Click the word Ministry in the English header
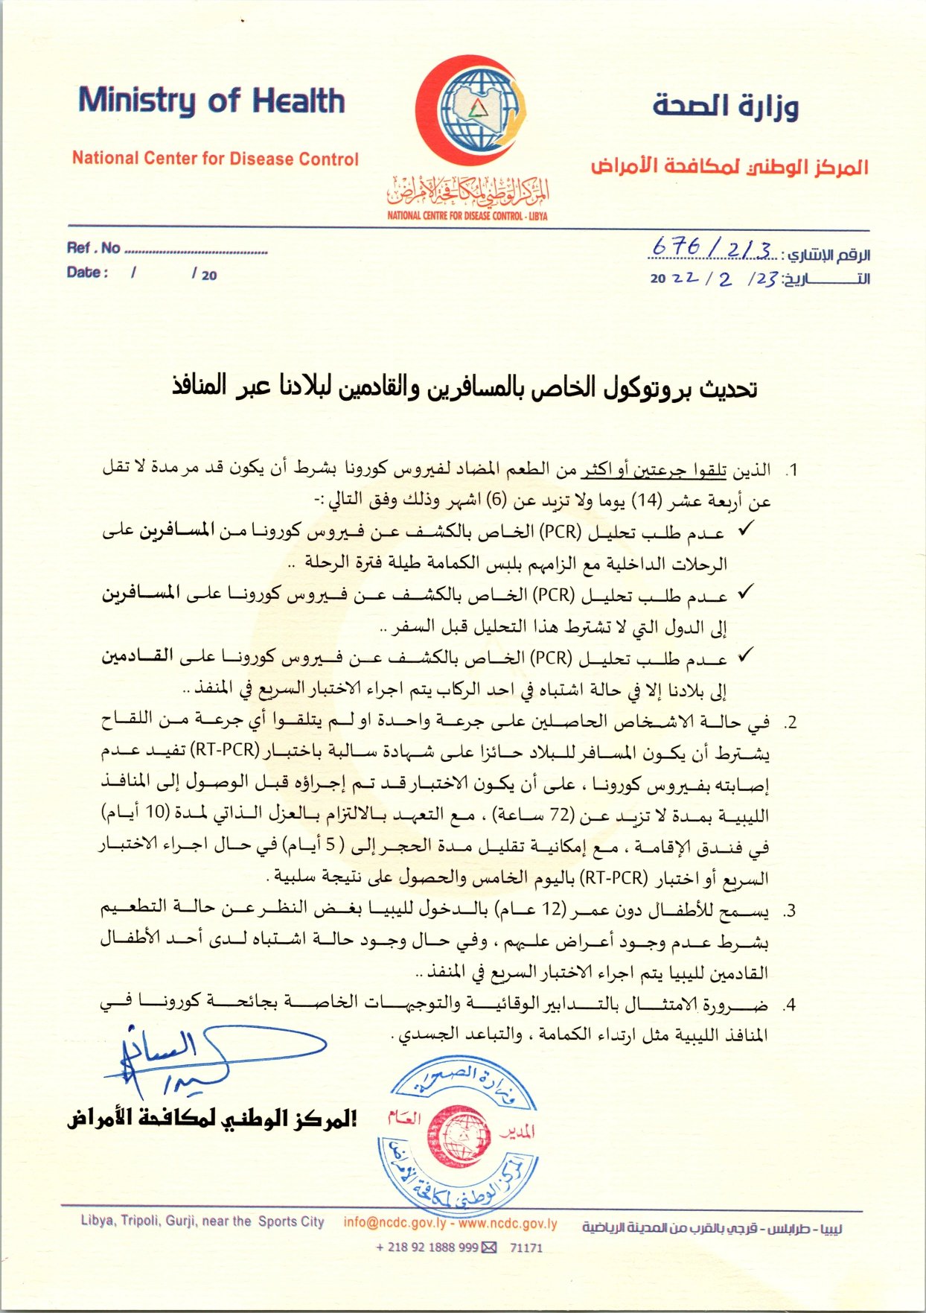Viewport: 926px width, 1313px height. [x=136, y=101]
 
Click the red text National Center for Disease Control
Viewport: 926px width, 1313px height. [x=215, y=159]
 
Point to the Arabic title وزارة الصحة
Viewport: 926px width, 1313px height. [x=726, y=106]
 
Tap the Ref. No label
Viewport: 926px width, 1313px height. [x=93, y=248]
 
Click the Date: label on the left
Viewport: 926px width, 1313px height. [x=87, y=273]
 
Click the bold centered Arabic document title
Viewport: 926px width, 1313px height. [x=464, y=387]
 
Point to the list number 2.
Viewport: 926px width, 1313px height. [x=791, y=722]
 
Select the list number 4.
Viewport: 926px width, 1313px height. [x=791, y=1005]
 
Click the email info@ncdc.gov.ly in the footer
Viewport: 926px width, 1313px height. [x=395, y=1223]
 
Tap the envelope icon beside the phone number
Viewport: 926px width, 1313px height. [x=489, y=1247]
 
